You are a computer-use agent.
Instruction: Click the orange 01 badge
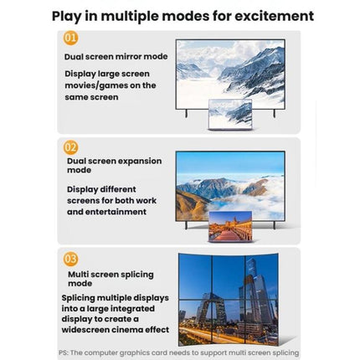tap(70, 38)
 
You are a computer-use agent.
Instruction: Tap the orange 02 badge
tap(70, 147)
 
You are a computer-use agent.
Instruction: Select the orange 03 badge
tap(70, 259)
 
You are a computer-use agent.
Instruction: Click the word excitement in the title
tap(274, 16)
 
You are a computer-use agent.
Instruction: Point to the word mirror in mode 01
tap(128, 57)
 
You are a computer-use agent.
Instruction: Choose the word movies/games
tap(95, 85)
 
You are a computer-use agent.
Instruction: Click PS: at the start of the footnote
tap(64, 352)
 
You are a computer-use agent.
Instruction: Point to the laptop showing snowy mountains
tap(230, 115)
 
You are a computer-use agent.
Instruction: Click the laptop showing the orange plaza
tap(230, 226)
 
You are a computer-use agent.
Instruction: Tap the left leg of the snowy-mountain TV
tap(186, 113)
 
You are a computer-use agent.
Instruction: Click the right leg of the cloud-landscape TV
tap(275, 225)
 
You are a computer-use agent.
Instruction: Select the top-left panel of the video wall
tap(195, 277)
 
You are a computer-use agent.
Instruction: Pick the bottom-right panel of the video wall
tap(262, 322)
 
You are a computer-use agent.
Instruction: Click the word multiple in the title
tap(129, 16)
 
